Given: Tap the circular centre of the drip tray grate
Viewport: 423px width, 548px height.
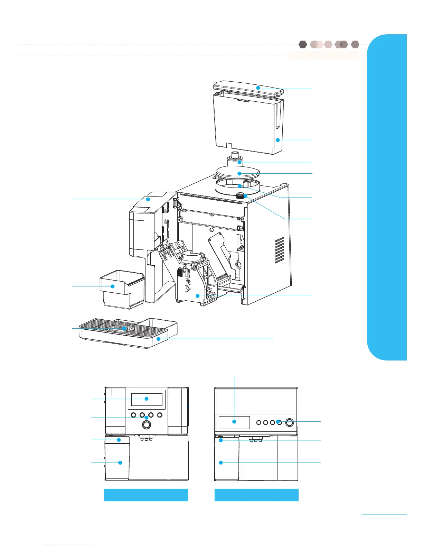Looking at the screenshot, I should pos(120,329).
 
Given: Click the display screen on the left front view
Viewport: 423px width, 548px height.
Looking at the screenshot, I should pos(147,399).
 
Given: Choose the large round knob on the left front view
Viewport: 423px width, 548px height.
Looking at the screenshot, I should pos(147,424).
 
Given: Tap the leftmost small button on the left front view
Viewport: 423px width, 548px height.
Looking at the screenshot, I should pos(133,415).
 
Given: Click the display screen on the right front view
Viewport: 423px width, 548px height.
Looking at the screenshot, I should pos(234,422).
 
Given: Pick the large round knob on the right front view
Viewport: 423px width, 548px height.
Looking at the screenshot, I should pos(290,422).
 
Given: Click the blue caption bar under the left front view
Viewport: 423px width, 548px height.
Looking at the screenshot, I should pos(146,495).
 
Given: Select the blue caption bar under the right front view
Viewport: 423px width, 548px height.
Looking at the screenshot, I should pos(256,495).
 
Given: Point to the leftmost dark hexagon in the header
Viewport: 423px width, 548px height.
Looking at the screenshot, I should pos(303,44).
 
